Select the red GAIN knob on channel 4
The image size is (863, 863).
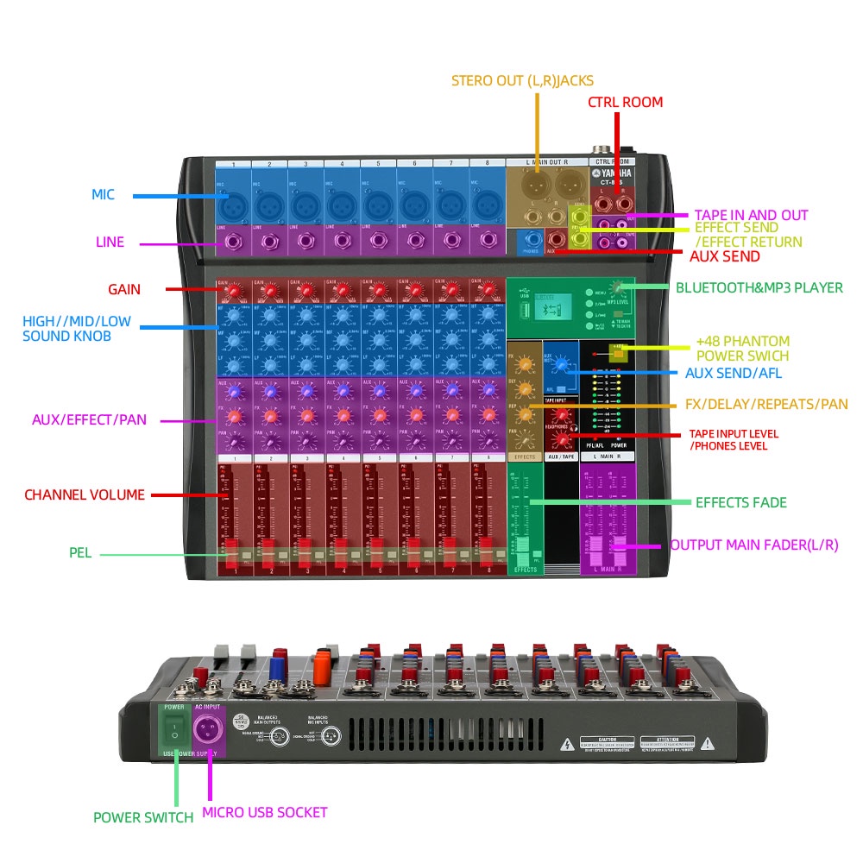tap(343, 292)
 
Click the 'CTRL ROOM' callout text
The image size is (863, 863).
tap(625, 102)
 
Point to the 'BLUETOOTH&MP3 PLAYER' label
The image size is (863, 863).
tap(759, 287)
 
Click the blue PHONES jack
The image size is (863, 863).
tap(531, 241)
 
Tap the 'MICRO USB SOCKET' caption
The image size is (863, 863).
tap(264, 812)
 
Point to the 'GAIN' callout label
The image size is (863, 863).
tap(124, 289)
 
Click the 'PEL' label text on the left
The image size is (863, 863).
tap(80, 552)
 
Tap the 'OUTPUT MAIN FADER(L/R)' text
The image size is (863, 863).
tap(753, 545)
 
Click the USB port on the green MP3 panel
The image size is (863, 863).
tap(520, 305)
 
